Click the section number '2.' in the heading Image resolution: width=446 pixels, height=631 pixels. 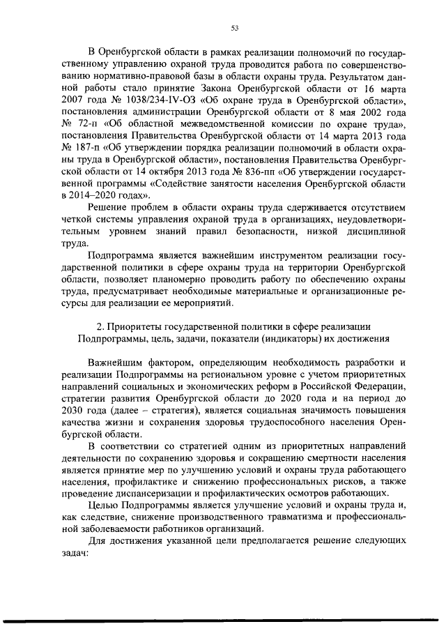click(100, 326)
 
